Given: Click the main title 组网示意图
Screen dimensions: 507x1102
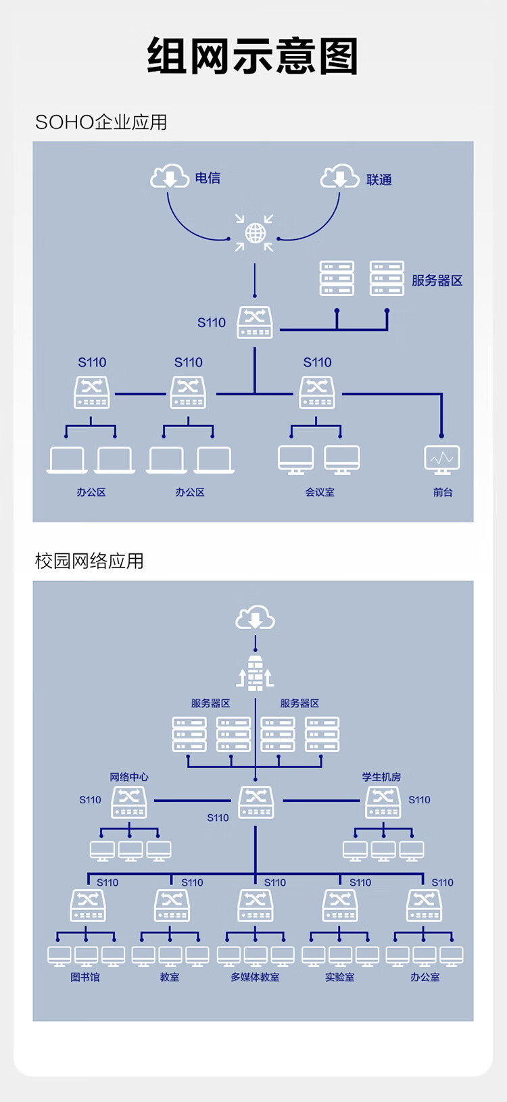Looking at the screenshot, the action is point(253,56).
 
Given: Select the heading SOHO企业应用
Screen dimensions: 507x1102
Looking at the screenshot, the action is point(101,122).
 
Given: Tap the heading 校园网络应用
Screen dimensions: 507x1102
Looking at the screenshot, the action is point(89,561).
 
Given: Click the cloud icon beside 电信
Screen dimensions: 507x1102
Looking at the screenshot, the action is point(170,176).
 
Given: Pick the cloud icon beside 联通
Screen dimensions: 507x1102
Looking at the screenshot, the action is point(339,176).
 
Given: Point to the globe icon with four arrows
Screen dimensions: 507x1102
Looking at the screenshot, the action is point(254,232).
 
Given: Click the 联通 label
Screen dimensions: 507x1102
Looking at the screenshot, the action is point(379,180).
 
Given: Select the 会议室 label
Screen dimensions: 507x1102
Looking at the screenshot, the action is point(320,492).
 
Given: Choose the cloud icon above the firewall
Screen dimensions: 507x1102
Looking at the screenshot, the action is point(255,618).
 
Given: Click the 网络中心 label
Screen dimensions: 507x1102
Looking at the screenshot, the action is point(129,777).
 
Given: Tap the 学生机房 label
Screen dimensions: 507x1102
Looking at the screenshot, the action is point(381,777).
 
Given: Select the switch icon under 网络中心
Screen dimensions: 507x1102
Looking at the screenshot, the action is point(129,803).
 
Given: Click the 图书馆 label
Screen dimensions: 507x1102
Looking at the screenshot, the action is point(85,976).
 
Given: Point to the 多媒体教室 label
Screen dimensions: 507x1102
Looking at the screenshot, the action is point(255,976).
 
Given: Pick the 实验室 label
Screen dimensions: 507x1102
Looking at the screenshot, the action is point(339,976).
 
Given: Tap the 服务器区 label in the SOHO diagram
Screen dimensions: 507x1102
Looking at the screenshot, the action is point(437,280).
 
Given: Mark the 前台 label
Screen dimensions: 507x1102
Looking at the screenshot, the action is point(443,492).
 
